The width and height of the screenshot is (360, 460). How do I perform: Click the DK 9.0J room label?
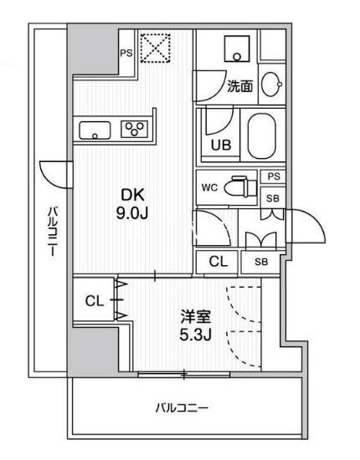click(x=132, y=204)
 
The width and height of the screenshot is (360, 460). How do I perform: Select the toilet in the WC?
click(x=240, y=187)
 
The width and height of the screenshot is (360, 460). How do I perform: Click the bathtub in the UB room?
click(x=262, y=135)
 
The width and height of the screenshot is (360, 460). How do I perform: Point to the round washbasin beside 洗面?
click(x=272, y=84)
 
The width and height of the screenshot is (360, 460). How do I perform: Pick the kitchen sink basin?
click(x=95, y=130)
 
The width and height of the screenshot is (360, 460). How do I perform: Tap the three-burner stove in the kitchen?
click(x=134, y=129)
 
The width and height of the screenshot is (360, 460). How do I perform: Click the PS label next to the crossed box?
click(x=126, y=54)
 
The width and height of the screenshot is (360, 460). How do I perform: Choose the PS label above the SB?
click(x=274, y=176)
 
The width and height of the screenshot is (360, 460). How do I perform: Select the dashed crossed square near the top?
click(x=156, y=48)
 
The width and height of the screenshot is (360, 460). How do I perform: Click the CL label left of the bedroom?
click(x=95, y=301)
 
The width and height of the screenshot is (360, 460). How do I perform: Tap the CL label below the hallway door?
click(x=219, y=262)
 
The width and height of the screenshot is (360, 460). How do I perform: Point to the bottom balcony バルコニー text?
click(x=182, y=408)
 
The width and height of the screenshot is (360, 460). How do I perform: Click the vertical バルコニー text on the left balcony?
click(x=52, y=232)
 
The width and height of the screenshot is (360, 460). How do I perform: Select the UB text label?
click(x=221, y=145)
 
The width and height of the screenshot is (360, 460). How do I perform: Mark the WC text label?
click(x=209, y=187)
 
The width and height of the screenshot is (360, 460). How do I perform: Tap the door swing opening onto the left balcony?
click(x=56, y=175)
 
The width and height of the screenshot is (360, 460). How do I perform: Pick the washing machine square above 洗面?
click(x=237, y=49)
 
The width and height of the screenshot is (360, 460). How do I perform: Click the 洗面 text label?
click(x=240, y=86)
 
